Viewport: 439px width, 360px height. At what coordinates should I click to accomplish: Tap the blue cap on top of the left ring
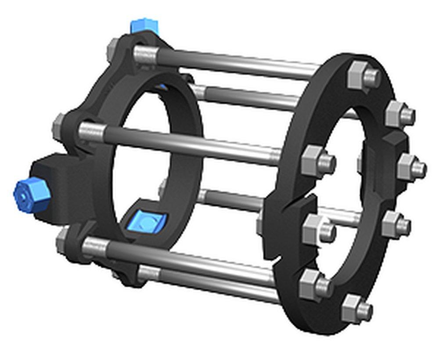(144, 26)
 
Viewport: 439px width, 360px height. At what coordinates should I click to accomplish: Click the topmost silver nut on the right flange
(364, 76)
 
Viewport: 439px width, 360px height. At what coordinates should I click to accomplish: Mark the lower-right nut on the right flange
(395, 225)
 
